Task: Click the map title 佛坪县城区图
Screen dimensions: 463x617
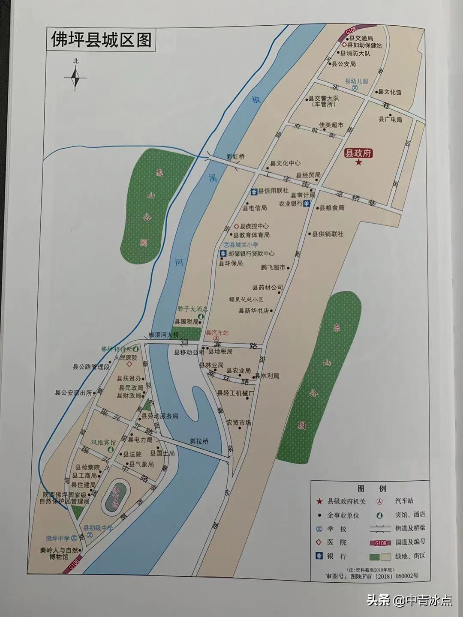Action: click(x=101, y=40)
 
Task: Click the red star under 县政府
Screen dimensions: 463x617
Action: click(x=358, y=162)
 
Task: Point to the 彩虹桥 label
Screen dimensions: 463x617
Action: click(x=235, y=157)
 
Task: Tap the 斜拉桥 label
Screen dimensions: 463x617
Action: click(x=199, y=441)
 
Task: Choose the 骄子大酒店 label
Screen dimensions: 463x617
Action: click(x=192, y=308)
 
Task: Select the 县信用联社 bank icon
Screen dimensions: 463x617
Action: click(x=254, y=191)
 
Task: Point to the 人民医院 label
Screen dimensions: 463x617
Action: click(x=125, y=357)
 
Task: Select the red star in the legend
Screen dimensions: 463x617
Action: click(x=319, y=501)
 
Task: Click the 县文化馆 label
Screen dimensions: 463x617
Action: click(x=390, y=92)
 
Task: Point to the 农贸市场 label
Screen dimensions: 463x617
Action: click(x=239, y=422)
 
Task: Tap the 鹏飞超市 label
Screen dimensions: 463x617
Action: click(x=273, y=267)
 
